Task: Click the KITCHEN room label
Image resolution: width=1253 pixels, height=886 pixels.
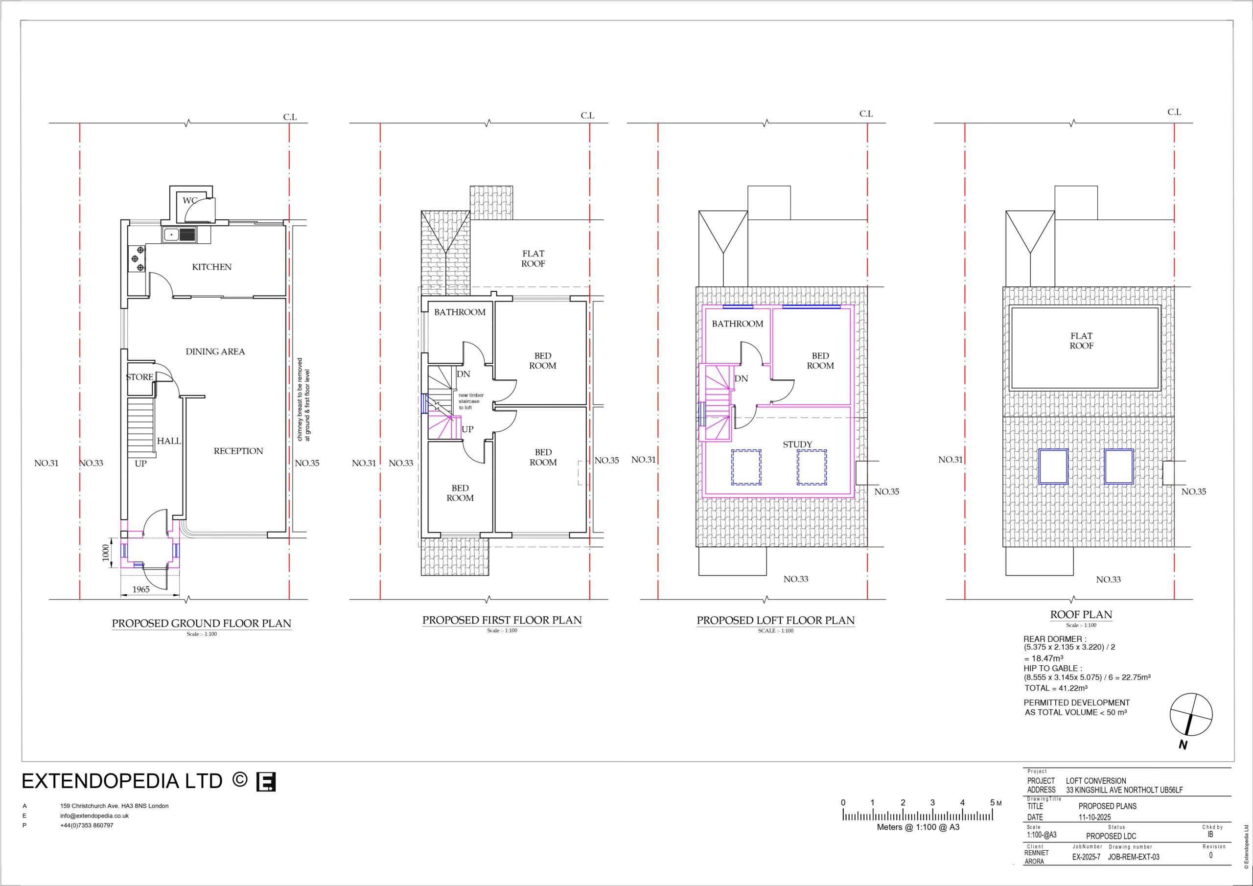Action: coord(212,267)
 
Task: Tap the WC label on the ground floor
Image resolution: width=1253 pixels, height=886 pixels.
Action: coord(189,201)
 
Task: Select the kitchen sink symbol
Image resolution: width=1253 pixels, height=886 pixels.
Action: coord(179,235)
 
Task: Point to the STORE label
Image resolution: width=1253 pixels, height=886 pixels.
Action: coord(139,377)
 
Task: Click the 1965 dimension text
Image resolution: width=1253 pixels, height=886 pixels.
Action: coord(141,589)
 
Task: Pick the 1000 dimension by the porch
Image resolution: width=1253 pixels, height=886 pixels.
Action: coord(106,553)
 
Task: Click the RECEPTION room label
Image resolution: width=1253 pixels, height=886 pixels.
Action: coord(238,451)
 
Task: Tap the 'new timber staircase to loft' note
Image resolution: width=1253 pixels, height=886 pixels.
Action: coord(470,401)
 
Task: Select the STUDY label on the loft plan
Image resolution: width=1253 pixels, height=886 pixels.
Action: coord(797,444)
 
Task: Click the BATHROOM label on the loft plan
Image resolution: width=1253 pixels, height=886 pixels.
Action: coord(737,324)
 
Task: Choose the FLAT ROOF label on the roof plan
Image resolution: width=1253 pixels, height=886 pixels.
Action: coord(1081,341)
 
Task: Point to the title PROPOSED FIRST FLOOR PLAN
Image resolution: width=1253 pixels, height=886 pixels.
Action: coord(502,620)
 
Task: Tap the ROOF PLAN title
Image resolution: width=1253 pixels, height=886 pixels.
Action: coord(1081,615)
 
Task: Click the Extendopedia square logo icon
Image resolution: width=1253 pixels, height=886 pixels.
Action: coord(266,781)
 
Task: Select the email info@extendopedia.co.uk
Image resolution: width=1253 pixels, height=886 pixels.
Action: coord(94,816)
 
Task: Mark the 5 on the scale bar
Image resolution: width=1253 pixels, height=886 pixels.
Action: coord(992,802)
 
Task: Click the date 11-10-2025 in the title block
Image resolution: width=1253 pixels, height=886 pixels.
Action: coord(1094,817)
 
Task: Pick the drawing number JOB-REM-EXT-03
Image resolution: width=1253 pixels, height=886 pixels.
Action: coord(1134,857)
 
